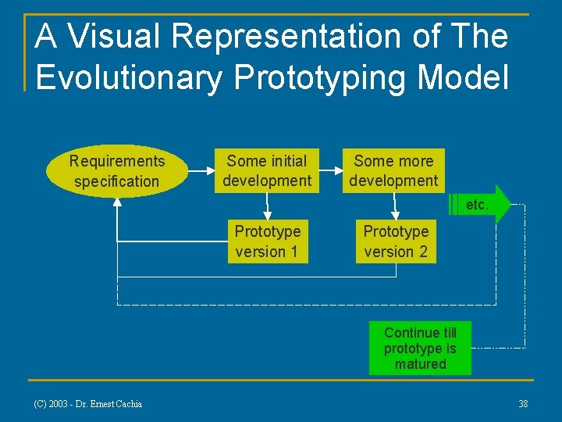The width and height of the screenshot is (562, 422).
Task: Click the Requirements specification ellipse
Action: coord(117,171)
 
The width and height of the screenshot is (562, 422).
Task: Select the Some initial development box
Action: coord(267,171)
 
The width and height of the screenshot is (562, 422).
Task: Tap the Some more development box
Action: coord(393,171)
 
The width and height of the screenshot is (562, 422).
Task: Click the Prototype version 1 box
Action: coord(267,241)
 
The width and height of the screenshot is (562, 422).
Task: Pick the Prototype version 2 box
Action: coord(396,241)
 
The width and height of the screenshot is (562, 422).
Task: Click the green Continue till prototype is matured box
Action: coord(420,349)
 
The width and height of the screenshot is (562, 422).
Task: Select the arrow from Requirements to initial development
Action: coord(201,166)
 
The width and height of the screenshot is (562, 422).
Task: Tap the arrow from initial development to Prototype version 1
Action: coord(267,206)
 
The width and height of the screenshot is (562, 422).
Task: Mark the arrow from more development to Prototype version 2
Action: coord(396,206)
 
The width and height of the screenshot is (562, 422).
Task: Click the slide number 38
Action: coord(523,404)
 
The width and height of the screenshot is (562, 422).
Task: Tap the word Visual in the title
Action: coord(117,36)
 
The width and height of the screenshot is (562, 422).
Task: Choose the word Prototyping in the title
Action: coord(322,79)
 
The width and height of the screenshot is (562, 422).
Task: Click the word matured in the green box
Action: coord(420,364)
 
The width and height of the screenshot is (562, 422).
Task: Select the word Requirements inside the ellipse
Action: coord(117,161)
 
